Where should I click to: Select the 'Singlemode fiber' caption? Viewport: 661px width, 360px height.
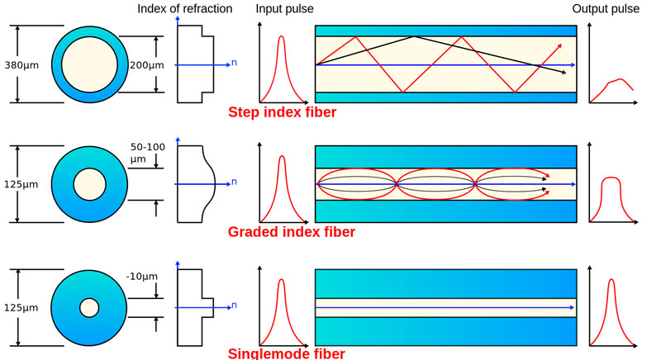(286, 353)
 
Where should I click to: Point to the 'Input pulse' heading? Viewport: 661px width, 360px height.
(281, 8)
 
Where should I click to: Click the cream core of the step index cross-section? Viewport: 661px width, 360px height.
(88, 64)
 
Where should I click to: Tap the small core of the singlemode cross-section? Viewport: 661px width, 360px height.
(88, 308)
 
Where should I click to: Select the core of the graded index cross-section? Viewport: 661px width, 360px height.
(88, 184)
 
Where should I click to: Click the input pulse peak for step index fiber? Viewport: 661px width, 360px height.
(281, 38)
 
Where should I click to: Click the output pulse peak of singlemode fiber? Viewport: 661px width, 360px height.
(611, 282)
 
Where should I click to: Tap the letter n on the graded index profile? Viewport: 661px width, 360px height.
(235, 182)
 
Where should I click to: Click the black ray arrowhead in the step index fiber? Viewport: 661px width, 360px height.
(564, 73)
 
